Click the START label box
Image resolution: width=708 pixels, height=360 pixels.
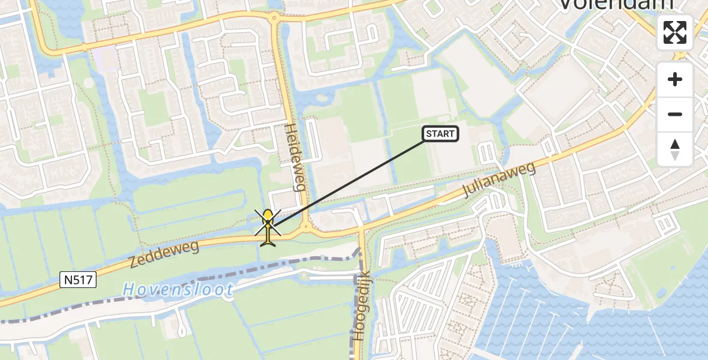point(441,134)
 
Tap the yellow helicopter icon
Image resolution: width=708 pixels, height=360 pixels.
point(268,226)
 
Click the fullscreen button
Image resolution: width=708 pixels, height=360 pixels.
point(675,32)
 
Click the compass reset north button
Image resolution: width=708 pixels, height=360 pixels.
point(675,149)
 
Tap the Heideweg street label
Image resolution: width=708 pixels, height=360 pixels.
point(295,157)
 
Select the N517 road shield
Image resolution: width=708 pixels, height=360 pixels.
point(79,279)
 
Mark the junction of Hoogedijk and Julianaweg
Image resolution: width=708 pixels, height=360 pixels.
point(362,231)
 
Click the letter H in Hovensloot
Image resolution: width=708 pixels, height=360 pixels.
point(128,290)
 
